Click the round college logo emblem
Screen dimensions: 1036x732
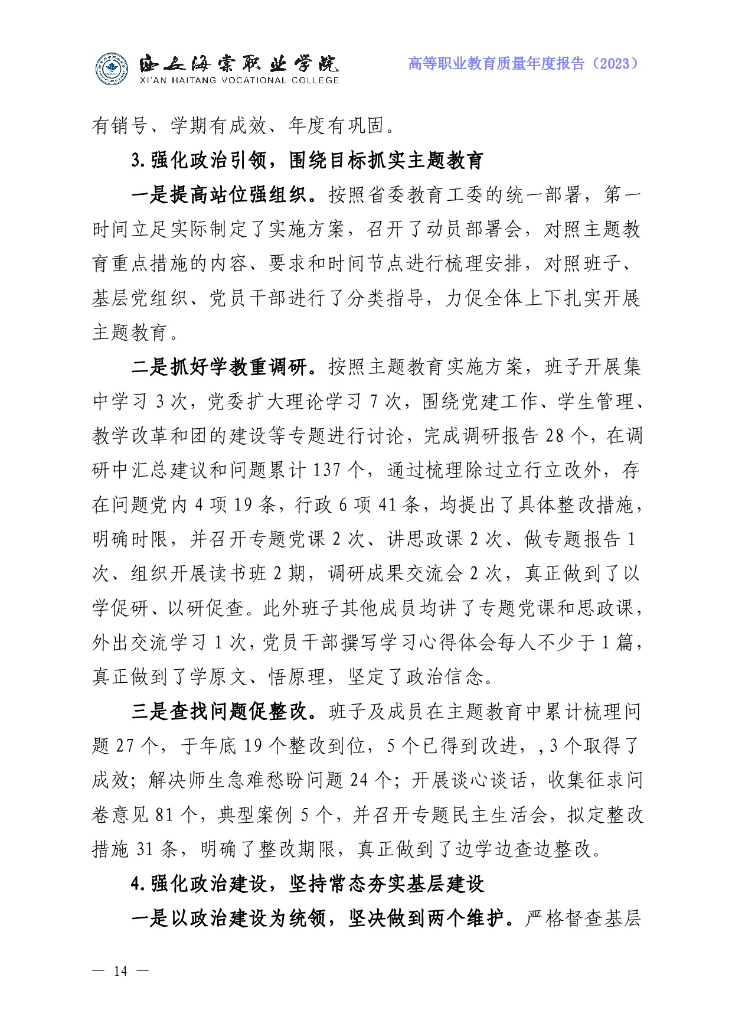pyautogui.click(x=112, y=69)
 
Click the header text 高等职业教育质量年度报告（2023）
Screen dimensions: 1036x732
pyautogui.click(x=523, y=64)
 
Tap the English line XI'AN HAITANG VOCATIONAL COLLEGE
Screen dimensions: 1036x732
pyautogui.click(x=239, y=81)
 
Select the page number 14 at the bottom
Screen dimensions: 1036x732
pyautogui.click(x=120, y=971)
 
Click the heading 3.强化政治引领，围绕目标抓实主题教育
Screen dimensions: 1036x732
pyautogui.click(x=308, y=160)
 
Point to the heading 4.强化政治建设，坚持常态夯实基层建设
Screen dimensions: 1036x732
pyautogui.click(x=308, y=884)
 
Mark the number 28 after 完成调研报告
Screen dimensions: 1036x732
pyautogui.click(x=555, y=436)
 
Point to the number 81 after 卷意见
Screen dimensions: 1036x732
pyautogui.click(x=164, y=815)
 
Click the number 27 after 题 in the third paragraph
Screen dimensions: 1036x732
pyautogui.click(x=125, y=746)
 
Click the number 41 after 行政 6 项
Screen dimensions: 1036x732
pyautogui.click(x=387, y=505)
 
